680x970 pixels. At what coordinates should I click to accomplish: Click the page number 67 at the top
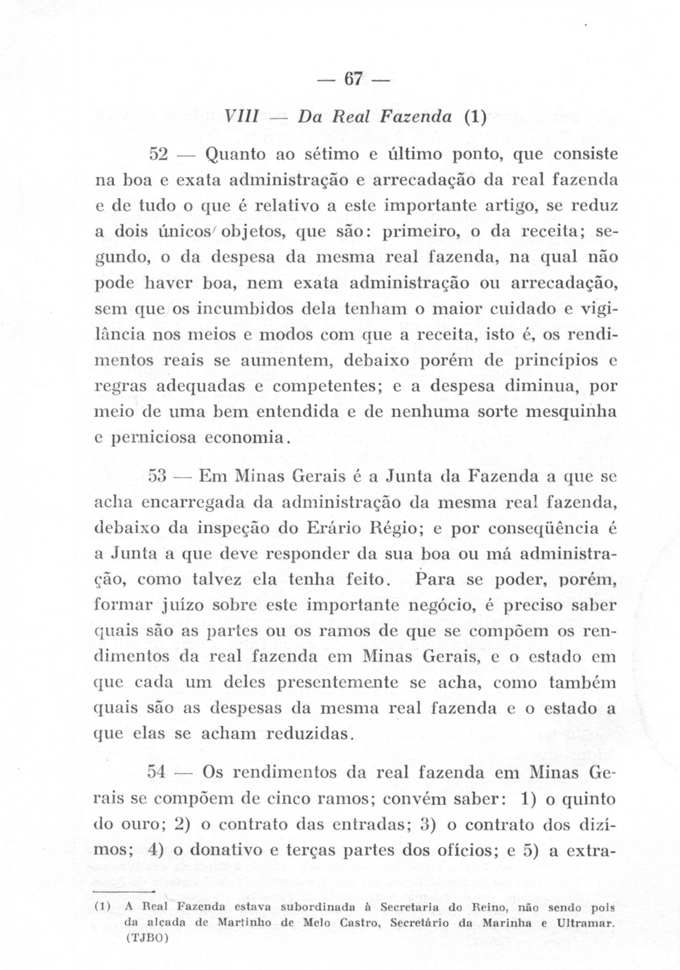coord(353,79)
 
